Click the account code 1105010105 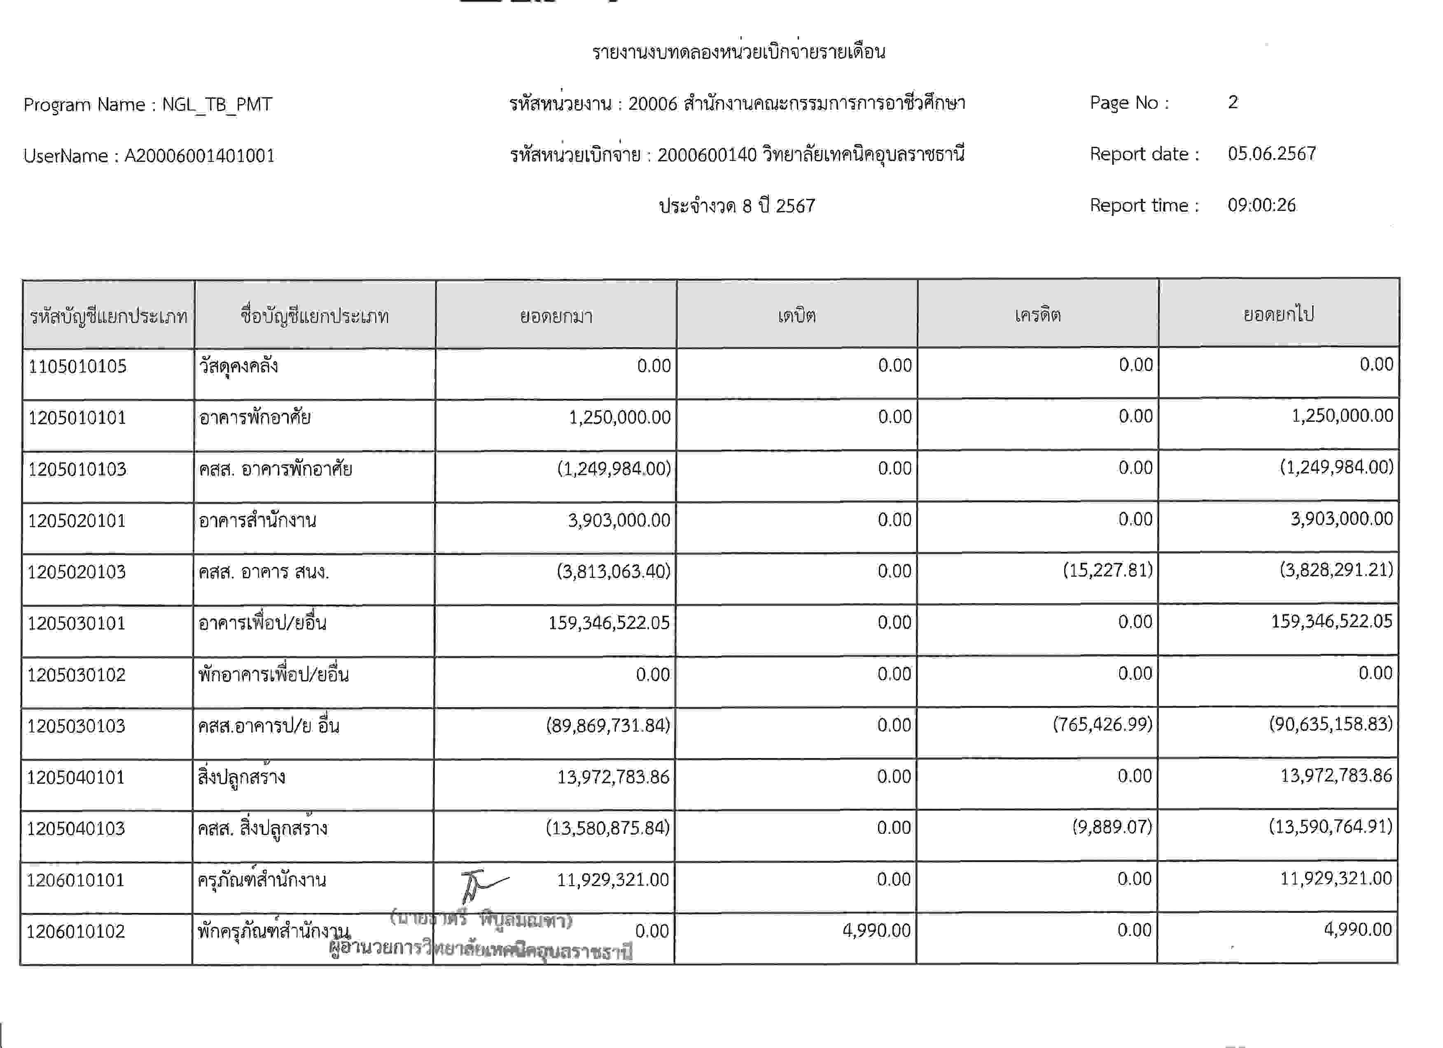(x=77, y=367)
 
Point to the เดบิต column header (x=796, y=315)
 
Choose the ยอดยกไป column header (x=1278, y=314)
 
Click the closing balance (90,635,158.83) (x=1331, y=724)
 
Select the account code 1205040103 (x=76, y=828)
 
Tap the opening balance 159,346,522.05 (x=609, y=623)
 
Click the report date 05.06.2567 (x=1271, y=154)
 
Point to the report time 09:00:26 (x=1261, y=205)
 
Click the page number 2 (x=1233, y=103)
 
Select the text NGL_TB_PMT (x=217, y=104)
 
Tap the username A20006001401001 (x=199, y=156)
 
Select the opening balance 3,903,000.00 (x=619, y=521)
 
